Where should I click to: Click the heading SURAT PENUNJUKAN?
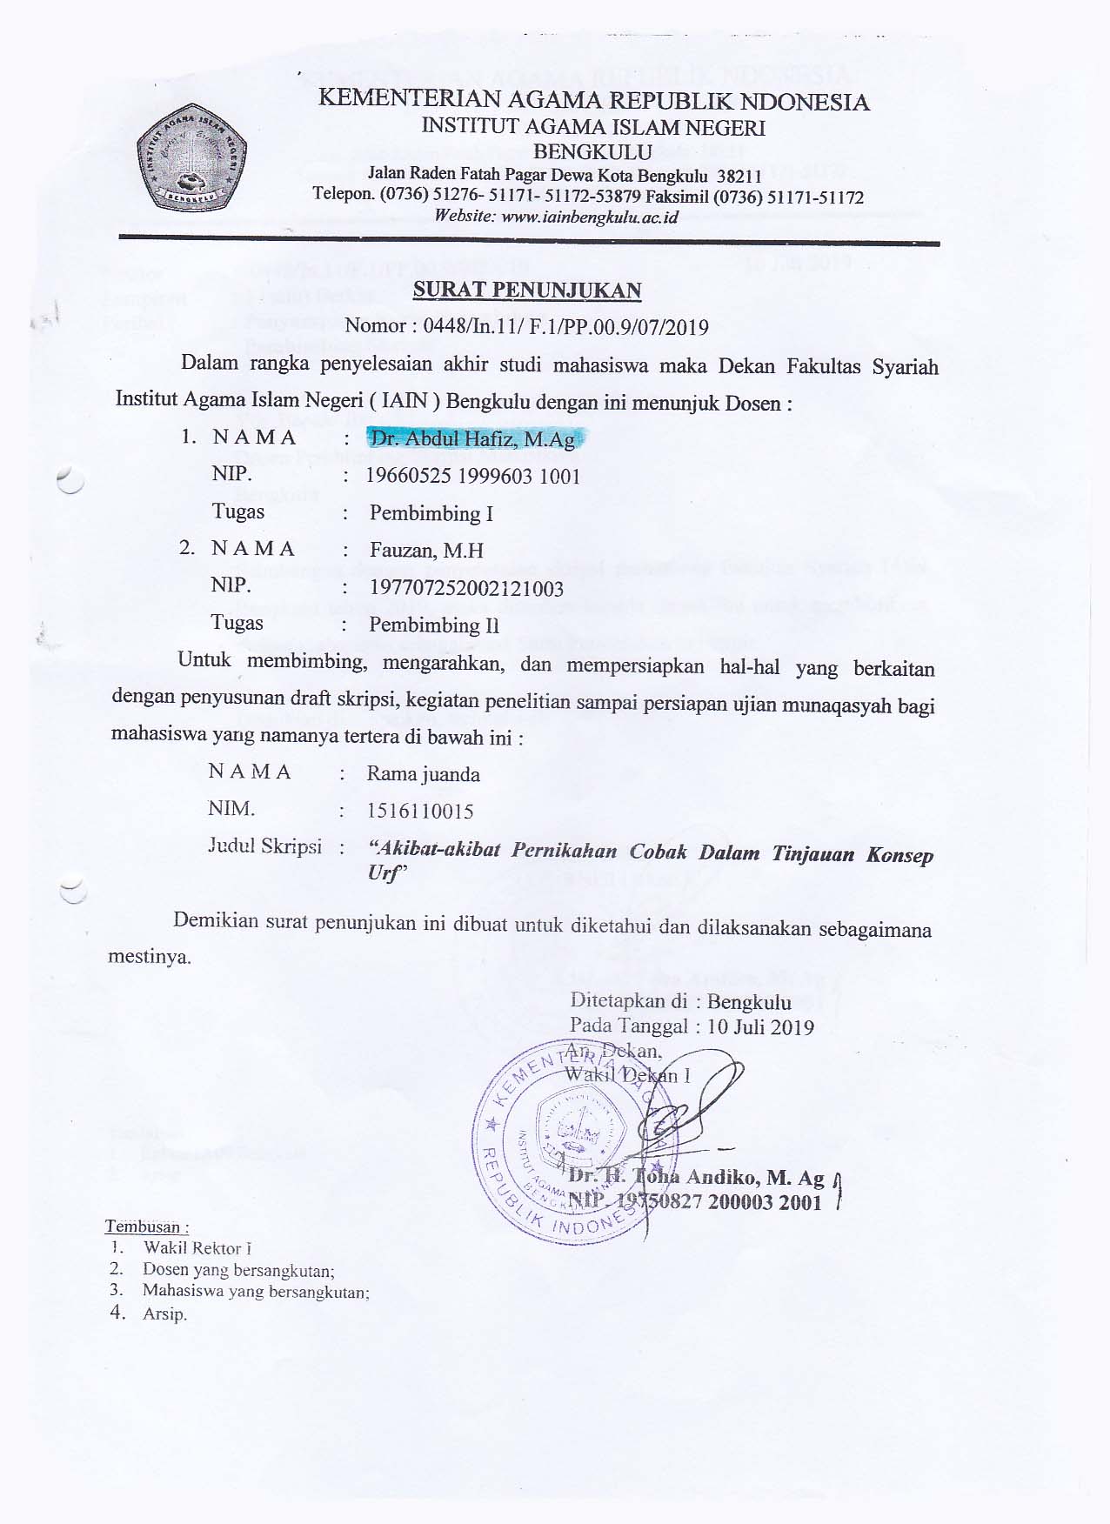pos(527,291)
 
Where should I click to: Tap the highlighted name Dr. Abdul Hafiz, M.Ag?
pos(472,439)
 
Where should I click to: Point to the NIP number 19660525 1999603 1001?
pos(472,476)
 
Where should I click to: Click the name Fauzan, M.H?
pos(426,550)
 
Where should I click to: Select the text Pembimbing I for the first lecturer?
pos(431,513)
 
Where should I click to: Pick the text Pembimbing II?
pos(433,625)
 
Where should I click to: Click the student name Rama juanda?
pos(423,774)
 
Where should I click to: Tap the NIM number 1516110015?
pos(420,812)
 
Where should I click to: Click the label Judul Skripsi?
pos(264,846)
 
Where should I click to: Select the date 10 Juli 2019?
pos(760,1026)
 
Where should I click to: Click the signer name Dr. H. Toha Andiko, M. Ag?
pos(696,1178)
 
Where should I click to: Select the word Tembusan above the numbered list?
pos(145,1227)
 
